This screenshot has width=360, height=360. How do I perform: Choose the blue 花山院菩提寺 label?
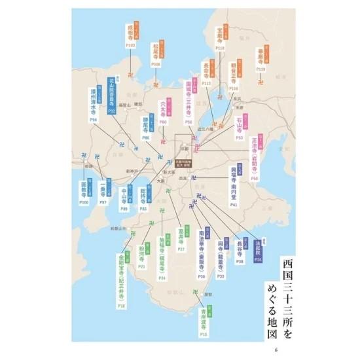tap(112, 94)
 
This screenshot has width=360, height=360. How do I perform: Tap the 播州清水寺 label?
tap(94, 103)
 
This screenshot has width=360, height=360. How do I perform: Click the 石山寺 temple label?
tap(240, 124)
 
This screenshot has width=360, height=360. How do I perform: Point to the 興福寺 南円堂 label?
tap(233, 185)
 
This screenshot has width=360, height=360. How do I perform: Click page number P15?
tap(204, 334)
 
